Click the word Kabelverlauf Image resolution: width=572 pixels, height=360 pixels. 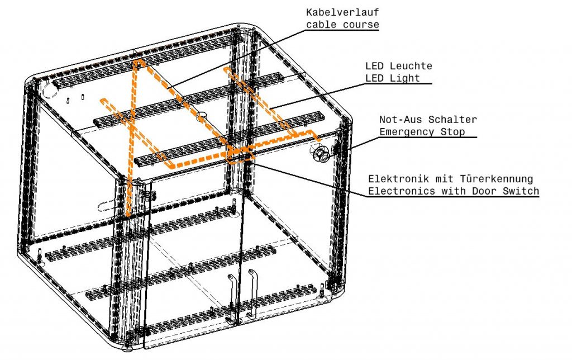(x=342, y=12)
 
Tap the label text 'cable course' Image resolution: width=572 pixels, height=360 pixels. (x=342, y=25)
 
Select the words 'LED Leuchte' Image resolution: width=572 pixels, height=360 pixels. (x=399, y=66)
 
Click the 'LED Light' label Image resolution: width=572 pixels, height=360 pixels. (x=393, y=78)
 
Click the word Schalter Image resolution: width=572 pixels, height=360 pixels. (x=452, y=120)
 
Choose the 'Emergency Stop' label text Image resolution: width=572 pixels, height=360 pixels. (x=422, y=131)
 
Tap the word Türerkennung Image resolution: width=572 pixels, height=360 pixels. (x=496, y=179)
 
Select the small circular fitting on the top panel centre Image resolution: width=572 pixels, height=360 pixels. (x=202, y=116)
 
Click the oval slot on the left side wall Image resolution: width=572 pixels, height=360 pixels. (x=107, y=206)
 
